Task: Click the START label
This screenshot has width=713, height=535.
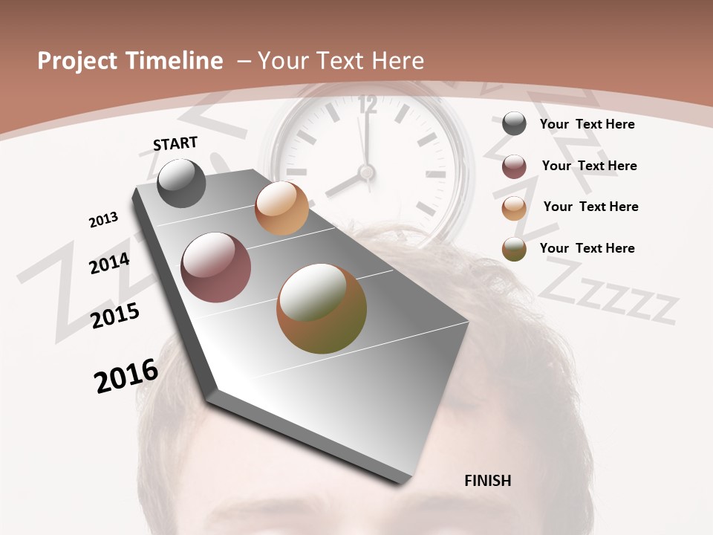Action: click(175, 143)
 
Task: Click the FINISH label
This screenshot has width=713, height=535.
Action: click(487, 481)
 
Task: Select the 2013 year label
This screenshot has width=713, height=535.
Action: click(103, 220)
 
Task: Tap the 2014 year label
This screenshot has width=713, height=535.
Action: click(109, 263)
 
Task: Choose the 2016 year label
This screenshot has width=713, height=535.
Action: click(126, 376)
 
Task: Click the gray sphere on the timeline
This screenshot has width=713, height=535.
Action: click(181, 183)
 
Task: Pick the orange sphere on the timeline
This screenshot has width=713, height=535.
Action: click(281, 208)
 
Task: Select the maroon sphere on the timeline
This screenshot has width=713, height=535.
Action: click(215, 267)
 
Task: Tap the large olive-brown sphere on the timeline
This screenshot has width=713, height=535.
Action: click(322, 308)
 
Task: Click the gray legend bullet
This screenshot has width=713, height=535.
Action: click(514, 123)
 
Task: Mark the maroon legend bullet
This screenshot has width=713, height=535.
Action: click(514, 166)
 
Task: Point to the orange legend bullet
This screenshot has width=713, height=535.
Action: click(514, 208)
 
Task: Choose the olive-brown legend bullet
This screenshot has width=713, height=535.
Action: click(514, 249)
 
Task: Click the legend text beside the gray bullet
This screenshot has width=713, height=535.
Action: click(587, 124)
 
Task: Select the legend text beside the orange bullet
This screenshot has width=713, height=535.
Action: click(590, 207)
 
